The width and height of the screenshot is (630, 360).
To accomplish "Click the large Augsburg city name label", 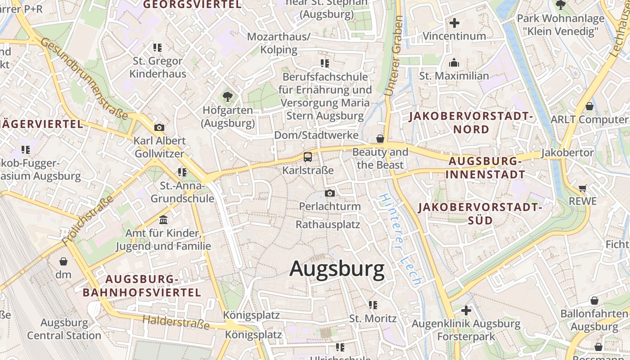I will pos(337,269).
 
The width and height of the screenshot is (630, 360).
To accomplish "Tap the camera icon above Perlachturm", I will pos(330,193).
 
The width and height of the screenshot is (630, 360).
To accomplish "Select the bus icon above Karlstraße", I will pos(308,157).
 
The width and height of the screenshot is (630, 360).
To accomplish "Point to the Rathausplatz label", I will pos(328,224).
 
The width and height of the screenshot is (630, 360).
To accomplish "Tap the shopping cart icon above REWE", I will pos(583,188).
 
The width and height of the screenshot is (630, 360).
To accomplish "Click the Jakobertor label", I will pos(567,153).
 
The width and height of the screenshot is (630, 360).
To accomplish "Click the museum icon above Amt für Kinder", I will pos(163,220).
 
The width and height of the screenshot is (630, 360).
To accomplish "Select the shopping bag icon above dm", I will pos(63,261).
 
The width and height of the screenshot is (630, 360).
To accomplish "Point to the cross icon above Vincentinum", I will pos(454,22).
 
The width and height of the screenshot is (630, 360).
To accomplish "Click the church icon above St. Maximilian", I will pos(454,63).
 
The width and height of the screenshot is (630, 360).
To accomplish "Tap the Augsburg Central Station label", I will pos(64,329).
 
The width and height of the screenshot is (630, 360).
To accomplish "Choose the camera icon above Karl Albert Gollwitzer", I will pos(159,127).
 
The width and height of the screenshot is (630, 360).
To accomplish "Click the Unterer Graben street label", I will pos(393,56).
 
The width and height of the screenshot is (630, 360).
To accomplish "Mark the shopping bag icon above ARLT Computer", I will pos(589,106).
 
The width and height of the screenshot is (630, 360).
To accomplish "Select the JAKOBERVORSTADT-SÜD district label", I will pos(479,214).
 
